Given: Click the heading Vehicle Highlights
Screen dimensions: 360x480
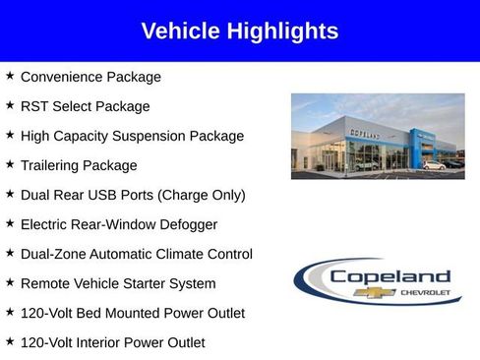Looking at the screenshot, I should [x=240, y=31].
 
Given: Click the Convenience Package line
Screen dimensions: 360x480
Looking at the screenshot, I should [x=90, y=77].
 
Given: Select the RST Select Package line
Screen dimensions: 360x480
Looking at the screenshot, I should [x=85, y=106].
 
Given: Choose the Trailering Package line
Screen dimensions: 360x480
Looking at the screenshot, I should [x=79, y=165].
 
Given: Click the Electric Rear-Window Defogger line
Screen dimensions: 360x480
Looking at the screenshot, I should [x=119, y=224].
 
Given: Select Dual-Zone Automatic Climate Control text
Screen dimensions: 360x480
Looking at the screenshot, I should [x=137, y=254].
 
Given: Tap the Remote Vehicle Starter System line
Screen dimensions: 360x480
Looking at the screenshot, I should [x=118, y=283].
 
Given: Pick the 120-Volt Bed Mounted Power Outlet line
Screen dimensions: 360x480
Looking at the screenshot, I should [x=133, y=313].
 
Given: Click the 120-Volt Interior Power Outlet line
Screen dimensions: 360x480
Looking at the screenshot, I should [x=113, y=342].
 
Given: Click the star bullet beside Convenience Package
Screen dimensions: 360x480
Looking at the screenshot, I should [x=10, y=76].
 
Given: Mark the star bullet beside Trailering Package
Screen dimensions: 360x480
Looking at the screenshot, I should [x=10, y=164].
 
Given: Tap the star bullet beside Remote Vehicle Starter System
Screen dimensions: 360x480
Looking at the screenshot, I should [x=10, y=282].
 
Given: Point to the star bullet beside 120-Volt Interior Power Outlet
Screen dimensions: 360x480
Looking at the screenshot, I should [x=10, y=341].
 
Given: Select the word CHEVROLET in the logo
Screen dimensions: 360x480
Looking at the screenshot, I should [x=424, y=293].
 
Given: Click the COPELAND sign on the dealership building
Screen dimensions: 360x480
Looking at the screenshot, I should [x=365, y=116].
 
